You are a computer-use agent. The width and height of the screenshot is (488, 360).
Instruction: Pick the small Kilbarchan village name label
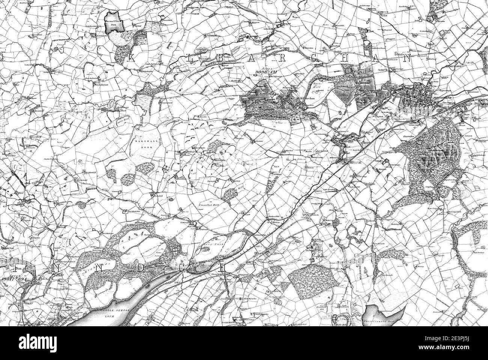click(307, 99)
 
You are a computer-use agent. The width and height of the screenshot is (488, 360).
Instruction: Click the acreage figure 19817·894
click(17, 279)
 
